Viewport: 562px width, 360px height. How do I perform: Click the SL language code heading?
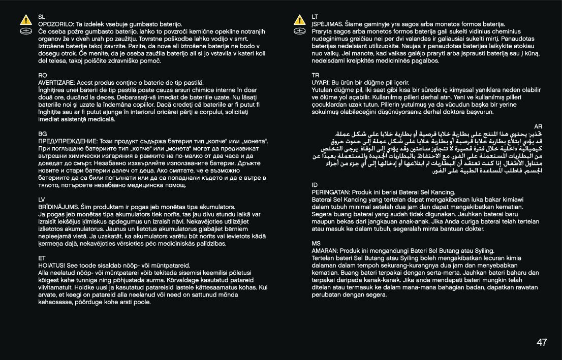point(42,17)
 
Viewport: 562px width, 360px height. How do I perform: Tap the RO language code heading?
point(43,75)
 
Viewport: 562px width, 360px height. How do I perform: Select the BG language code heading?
point(43,134)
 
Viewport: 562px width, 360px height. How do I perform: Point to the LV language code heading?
point(42,200)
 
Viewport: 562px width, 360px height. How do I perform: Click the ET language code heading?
point(42,258)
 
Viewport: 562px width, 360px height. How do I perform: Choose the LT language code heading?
point(315,17)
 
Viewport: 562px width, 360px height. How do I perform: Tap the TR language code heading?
point(316,75)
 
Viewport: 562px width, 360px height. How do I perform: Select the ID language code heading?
point(315,185)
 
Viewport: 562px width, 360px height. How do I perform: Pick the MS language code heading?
point(316,243)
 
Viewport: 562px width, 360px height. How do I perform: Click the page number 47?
point(542,342)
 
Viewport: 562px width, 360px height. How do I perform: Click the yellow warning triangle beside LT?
point(299,21)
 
